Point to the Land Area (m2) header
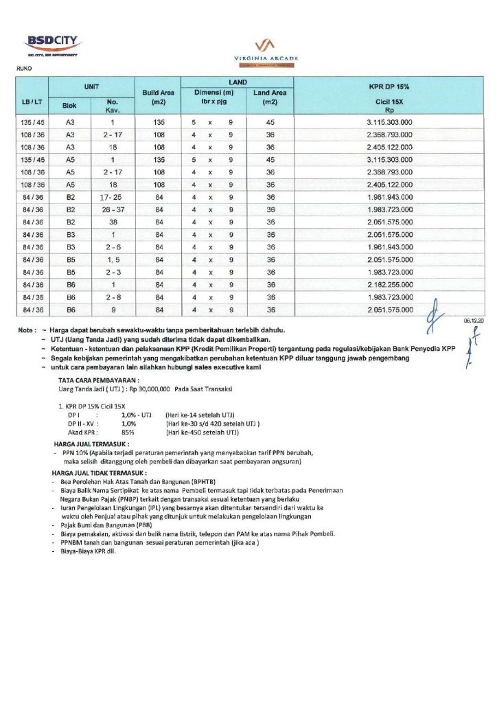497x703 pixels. (270, 97)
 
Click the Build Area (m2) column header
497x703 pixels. (159, 97)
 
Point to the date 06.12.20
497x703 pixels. (474, 321)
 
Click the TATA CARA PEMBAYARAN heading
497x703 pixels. (99, 379)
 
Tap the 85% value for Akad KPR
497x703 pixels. (128, 433)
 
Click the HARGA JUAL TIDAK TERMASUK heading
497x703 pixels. (99, 474)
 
